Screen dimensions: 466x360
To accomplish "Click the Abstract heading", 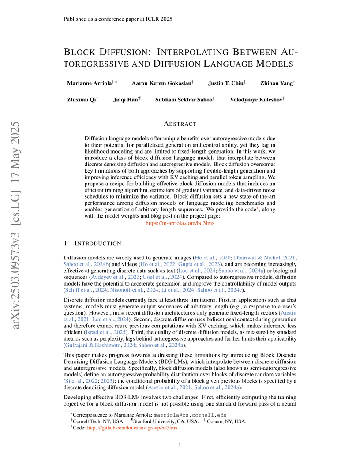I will click(180, 124).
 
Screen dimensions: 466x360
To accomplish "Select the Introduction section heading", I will click(96, 243).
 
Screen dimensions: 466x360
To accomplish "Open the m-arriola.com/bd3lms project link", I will click(180, 224).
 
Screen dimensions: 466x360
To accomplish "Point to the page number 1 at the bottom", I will click(180, 446).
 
